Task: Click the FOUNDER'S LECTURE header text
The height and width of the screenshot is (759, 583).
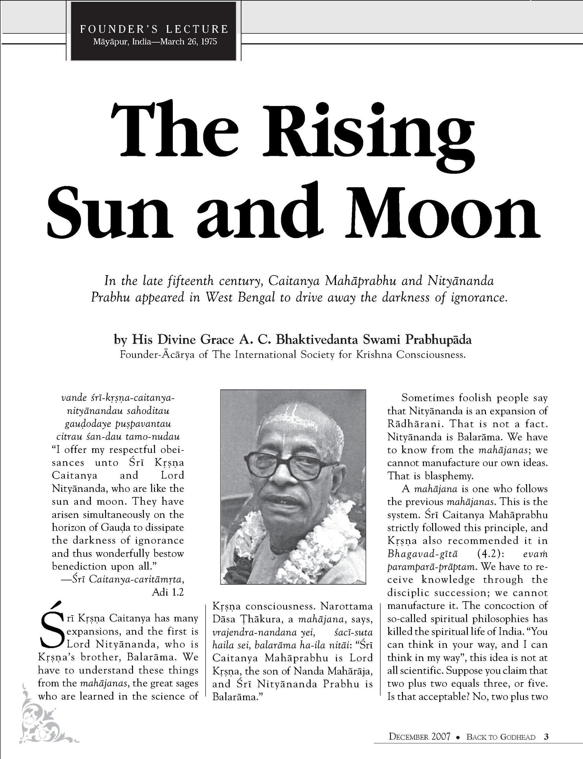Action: pos(154,29)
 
